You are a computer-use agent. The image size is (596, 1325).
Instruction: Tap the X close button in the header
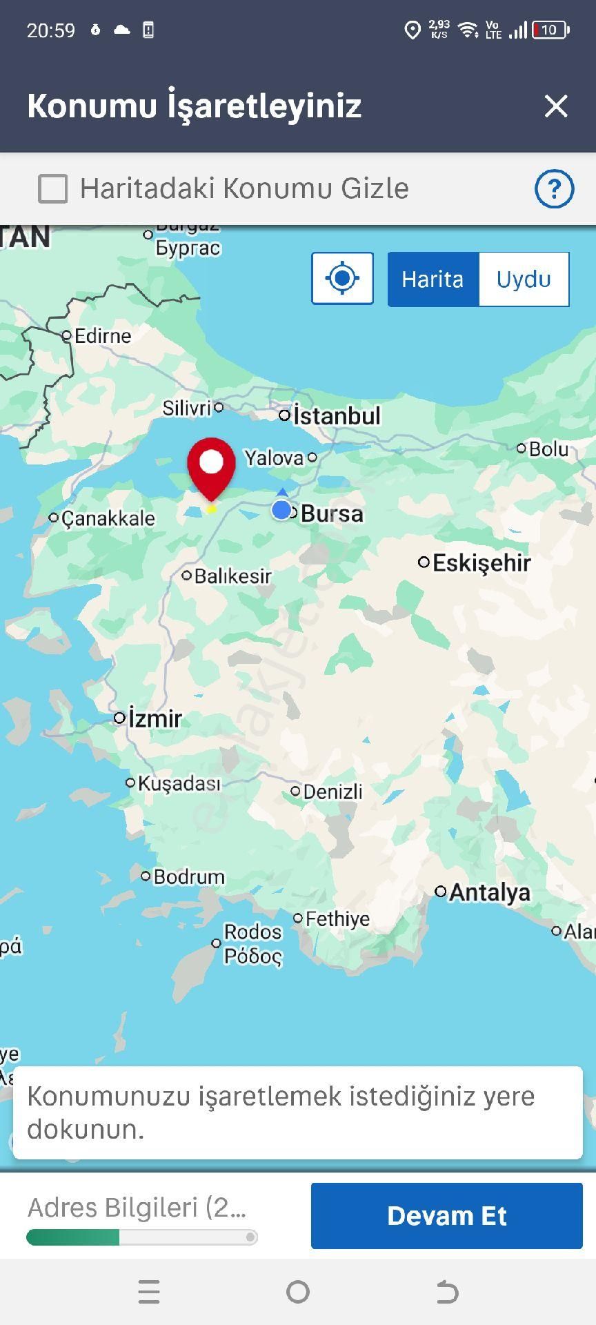coord(555,106)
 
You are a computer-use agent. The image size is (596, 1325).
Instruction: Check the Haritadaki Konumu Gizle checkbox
coord(53,188)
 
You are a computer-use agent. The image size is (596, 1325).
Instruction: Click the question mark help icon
coord(554,188)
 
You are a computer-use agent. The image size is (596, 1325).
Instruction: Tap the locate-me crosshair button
coord(342,279)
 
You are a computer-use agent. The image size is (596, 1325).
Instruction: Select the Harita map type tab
coord(433,279)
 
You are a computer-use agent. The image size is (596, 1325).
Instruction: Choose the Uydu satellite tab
coord(524,279)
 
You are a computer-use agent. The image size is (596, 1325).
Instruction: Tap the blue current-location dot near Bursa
coord(281,510)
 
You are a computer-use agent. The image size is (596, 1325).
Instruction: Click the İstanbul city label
coord(337,416)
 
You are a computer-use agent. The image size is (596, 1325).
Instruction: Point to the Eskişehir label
coord(481,563)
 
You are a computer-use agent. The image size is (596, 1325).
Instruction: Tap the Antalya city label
coord(490,892)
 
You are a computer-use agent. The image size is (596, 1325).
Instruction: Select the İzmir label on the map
coord(155,719)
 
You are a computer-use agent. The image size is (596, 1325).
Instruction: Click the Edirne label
coord(102,336)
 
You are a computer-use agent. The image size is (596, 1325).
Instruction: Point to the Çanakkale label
coord(108,518)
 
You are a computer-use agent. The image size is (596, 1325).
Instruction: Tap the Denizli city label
coord(332,792)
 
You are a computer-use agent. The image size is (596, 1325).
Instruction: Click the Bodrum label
coord(188,877)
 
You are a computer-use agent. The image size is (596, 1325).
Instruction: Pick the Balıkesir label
coord(232,576)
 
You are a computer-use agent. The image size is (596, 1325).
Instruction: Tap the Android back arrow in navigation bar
coord(447,1292)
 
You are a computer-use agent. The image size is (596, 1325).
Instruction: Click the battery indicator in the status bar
coord(550,30)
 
